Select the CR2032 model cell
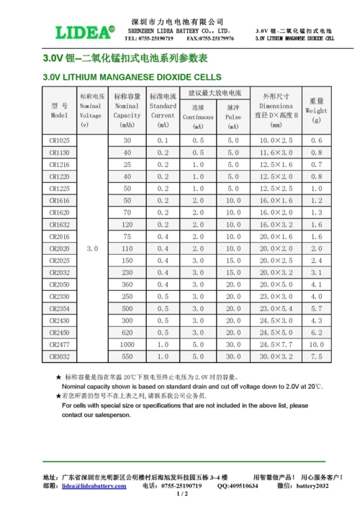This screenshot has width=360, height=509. pyautogui.click(x=60, y=272)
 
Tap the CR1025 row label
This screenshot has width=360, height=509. pyautogui.click(x=60, y=140)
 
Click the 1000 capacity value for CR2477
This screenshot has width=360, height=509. pyautogui.click(x=127, y=344)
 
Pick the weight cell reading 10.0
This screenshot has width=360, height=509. pyautogui.click(x=316, y=344)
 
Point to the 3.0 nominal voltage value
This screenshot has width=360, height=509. pyautogui.click(x=91, y=248)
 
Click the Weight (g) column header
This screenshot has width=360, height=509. pyautogui.click(x=316, y=111)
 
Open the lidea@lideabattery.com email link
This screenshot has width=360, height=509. pyautogui.click(x=94, y=486)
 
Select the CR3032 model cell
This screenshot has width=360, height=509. pyautogui.click(x=60, y=356)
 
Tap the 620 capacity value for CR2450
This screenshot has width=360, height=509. pyautogui.click(x=127, y=333)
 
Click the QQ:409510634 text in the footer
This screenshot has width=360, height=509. pyautogui.click(x=238, y=486)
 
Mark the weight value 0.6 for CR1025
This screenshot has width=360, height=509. pyautogui.click(x=316, y=140)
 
